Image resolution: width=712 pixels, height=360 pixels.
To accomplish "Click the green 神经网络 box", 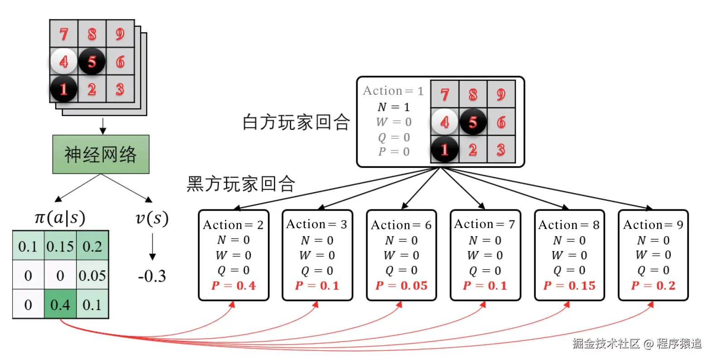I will click(101, 154).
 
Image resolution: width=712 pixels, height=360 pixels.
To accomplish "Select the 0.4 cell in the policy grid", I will click(60, 304).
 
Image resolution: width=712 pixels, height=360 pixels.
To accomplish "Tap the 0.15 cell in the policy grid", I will click(60, 246).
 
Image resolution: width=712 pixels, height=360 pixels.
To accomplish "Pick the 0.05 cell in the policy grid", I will click(92, 275).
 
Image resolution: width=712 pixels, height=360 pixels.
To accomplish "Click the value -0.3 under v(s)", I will click(152, 276).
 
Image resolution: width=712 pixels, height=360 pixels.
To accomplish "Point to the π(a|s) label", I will click(60, 218).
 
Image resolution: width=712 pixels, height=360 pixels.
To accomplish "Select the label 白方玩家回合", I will click(296, 122).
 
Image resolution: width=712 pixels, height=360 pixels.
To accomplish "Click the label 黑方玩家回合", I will click(241, 184).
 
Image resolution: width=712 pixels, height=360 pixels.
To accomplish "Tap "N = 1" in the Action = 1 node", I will click(393, 107).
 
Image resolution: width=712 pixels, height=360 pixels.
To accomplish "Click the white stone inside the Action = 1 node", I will click(444, 122).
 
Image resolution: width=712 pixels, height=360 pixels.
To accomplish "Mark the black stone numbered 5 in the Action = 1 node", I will click(473, 122).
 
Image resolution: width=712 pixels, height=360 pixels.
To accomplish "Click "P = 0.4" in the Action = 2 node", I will click(233, 286).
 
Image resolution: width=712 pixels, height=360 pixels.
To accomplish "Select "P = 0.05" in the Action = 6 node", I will click(401, 286).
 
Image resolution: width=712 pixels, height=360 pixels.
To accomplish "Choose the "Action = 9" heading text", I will click(653, 225).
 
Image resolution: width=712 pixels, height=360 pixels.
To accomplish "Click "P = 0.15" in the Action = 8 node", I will click(569, 286).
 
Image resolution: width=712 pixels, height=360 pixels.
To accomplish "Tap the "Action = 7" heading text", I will click(484, 224).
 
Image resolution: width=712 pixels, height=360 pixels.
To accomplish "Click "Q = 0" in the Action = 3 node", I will click(317, 271).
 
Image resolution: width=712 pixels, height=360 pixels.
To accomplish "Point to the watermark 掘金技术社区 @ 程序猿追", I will click(636, 343).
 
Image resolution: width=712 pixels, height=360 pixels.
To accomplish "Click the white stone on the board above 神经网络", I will click(63, 61).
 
